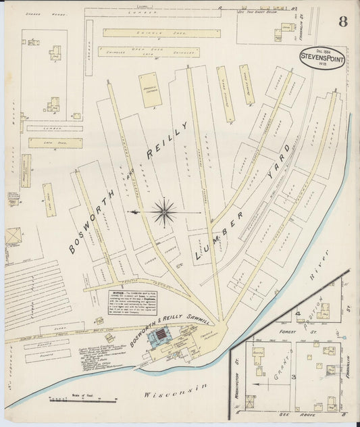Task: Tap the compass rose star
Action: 164,212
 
